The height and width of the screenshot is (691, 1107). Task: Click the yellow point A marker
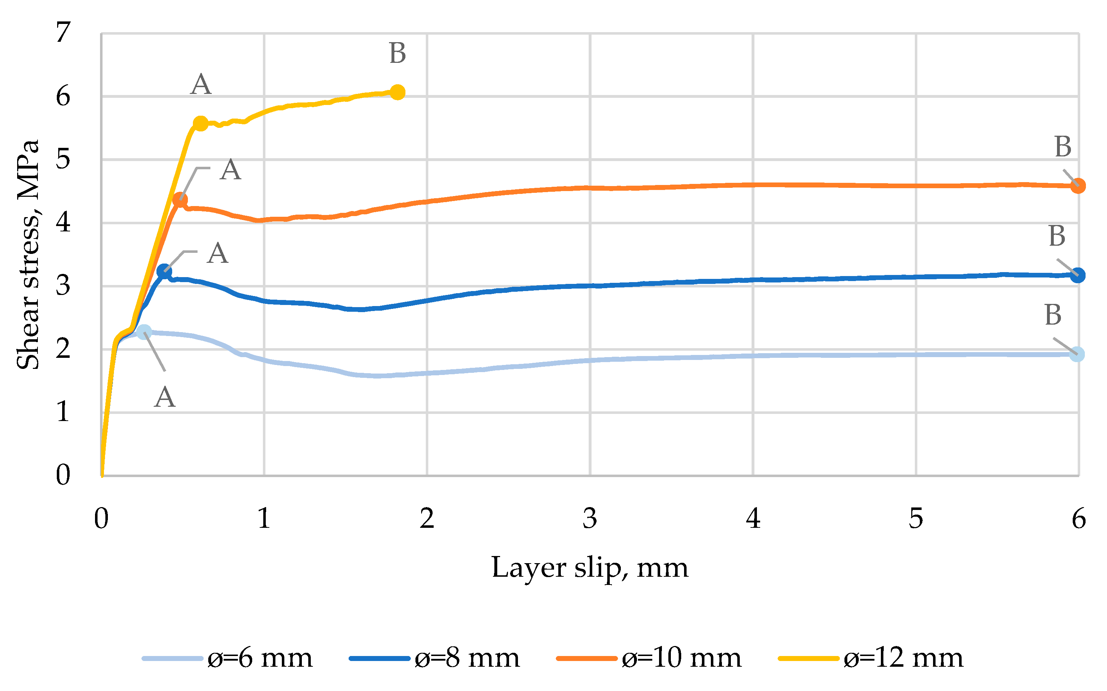[x=200, y=124]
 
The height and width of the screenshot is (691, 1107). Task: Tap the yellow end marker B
[x=397, y=92]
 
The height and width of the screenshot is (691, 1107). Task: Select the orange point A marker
[x=180, y=200]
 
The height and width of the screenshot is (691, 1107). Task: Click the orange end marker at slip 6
[x=1077, y=186]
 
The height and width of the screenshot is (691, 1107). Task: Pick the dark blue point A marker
[x=164, y=271]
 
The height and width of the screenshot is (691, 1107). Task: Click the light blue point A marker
[x=144, y=332]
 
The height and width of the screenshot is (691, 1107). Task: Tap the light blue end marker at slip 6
[x=1077, y=354]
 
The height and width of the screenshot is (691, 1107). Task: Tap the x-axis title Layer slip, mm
[x=590, y=569]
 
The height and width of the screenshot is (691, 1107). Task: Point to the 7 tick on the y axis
[x=63, y=32]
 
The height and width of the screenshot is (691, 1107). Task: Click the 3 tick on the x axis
[x=590, y=519]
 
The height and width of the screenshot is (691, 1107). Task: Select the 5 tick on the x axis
[x=916, y=519]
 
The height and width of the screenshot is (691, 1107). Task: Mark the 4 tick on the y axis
[x=63, y=222]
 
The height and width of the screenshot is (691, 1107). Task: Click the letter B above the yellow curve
[x=397, y=54]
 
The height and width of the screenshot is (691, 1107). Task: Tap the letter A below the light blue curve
[x=165, y=397]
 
